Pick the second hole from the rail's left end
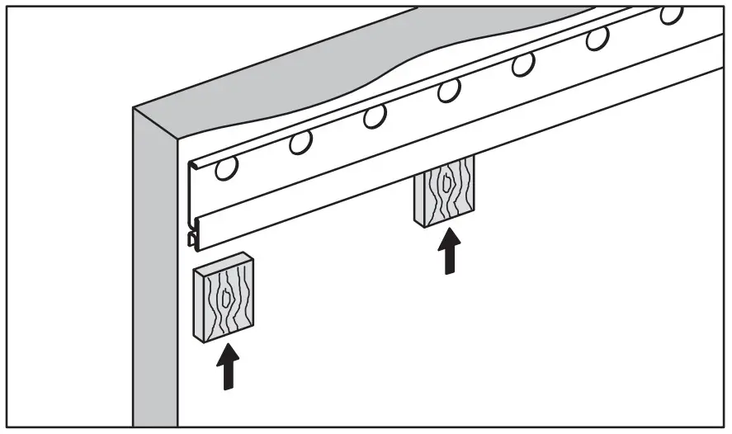(x=300, y=144)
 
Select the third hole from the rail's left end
(x=374, y=116)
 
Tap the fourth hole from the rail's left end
(x=448, y=90)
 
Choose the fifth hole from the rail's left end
(x=522, y=64)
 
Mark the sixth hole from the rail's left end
(x=597, y=38)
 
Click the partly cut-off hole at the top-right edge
(x=671, y=14)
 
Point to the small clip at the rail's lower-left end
(x=192, y=239)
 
